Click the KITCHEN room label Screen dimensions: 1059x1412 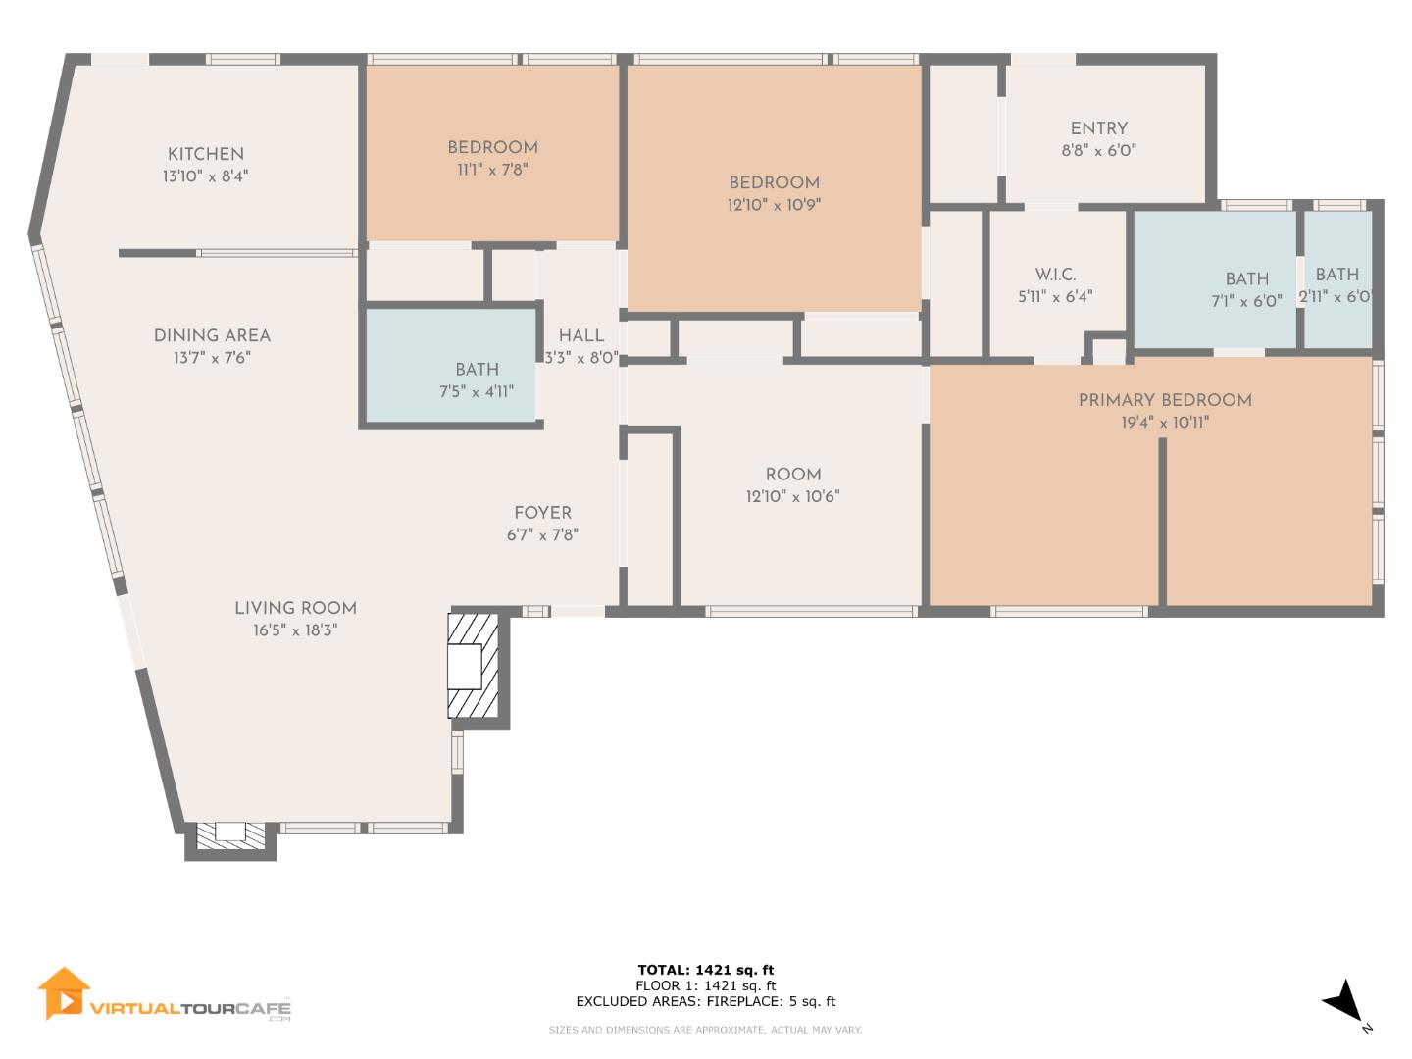(x=205, y=154)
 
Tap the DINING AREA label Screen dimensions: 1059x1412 (x=212, y=335)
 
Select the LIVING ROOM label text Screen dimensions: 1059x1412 (x=295, y=608)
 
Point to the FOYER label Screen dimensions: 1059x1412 (x=542, y=513)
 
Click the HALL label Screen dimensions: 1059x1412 (x=580, y=335)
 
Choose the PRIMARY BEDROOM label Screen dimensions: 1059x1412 (x=1165, y=400)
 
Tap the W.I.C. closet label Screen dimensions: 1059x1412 (x=1055, y=275)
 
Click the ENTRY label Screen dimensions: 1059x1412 (x=1098, y=128)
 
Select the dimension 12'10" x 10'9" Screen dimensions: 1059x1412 (x=774, y=206)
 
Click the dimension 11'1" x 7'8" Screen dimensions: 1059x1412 (x=492, y=170)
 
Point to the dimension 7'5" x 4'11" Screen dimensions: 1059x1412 (x=477, y=392)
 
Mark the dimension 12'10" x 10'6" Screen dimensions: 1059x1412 (x=792, y=497)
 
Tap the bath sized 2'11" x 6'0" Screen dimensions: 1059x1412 (x=1336, y=284)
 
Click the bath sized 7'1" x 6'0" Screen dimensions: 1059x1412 (x=1246, y=290)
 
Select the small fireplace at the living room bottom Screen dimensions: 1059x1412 (x=230, y=834)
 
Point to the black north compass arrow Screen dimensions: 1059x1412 (x=1342, y=1001)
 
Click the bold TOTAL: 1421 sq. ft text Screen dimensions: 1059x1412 (x=705, y=970)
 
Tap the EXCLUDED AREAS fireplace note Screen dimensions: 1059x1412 (x=705, y=1001)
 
